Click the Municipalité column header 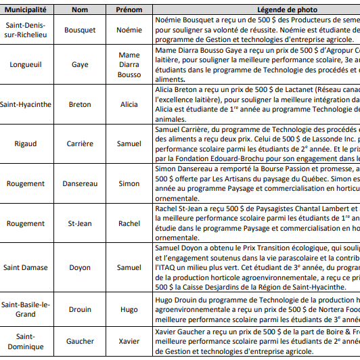pos(26,9)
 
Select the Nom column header pos(80,9)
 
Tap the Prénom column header pos(129,9)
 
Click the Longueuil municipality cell pos(26,64)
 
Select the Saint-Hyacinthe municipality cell pos(26,104)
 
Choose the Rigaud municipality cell pos(26,143)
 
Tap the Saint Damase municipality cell pos(26,267)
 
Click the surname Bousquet pos(80,30)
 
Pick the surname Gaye pos(80,64)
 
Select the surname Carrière pos(80,143)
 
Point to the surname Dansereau pos(80,183)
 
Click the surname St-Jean pos(80,223)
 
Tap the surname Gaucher pos(80,341)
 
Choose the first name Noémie pos(129,30)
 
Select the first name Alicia pos(129,104)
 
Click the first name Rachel pos(129,223)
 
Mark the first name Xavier pos(129,341)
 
